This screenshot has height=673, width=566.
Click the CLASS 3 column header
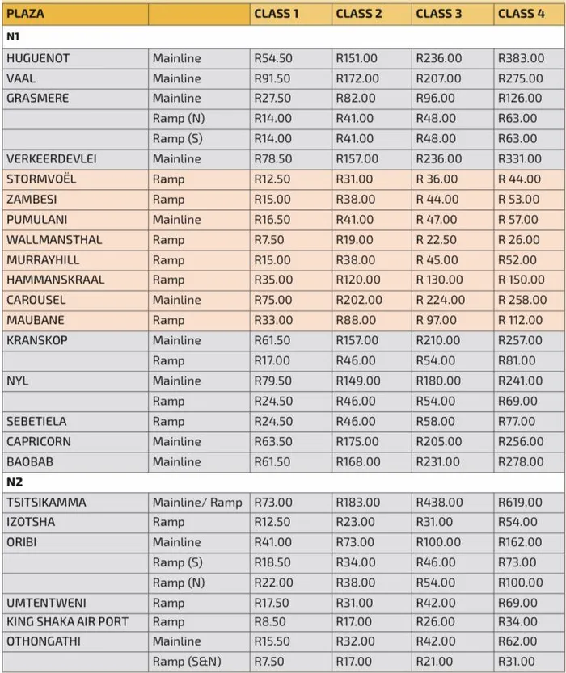click(x=439, y=14)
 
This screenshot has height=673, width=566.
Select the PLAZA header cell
click(x=26, y=14)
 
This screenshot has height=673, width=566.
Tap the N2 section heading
click(x=15, y=482)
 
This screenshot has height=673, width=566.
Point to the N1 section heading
click(x=14, y=36)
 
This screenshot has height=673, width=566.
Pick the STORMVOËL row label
click(x=41, y=179)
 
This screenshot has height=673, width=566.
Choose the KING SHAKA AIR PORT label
click(x=67, y=622)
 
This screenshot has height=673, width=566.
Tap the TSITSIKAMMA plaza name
click(x=47, y=503)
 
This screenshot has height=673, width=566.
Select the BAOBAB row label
click(x=30, y=462)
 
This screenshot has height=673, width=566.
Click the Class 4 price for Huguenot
click(x=521, y=58)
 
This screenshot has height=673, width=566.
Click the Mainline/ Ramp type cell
click(x=197, y=503)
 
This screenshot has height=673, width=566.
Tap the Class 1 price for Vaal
click(x=272, y=78)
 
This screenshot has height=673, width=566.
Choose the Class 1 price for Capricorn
click(x=273, y=442)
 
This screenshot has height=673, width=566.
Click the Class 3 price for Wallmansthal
click(x=437, y=240)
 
